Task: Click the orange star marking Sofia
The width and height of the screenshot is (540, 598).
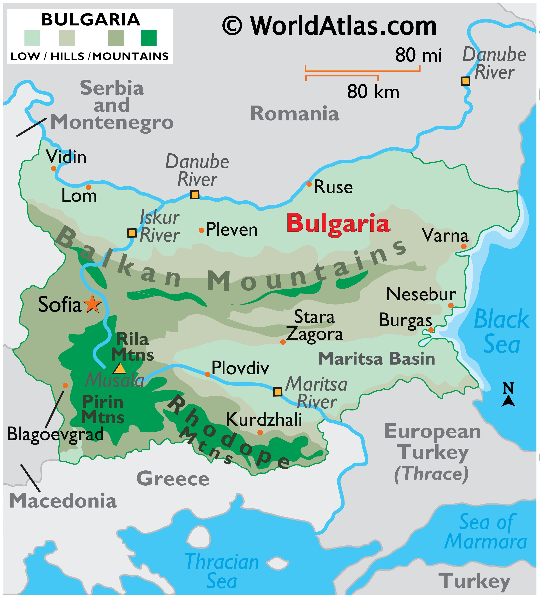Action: click(92, 304)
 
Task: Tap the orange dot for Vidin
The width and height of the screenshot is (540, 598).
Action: click(54, 168)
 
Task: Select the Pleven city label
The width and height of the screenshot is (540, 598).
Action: click(232, 230)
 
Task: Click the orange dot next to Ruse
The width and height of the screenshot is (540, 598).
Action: click(309, 184)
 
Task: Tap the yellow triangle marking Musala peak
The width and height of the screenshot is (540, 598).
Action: click(119, 369)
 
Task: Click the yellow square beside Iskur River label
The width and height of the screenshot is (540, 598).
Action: click(132, 233)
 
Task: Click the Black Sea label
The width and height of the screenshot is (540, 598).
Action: click(501, 332)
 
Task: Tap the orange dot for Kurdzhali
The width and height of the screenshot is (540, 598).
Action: click(260, 432)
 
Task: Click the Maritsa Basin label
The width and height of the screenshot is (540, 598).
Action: click(376, 359)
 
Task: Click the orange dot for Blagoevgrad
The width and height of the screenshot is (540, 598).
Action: click(65, 385)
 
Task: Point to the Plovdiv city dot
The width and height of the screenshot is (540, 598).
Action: click(207, 375)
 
